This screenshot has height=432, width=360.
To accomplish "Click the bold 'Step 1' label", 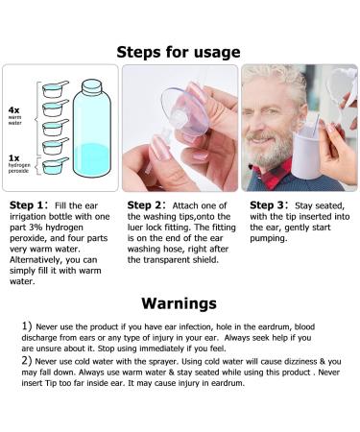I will coord(30,205).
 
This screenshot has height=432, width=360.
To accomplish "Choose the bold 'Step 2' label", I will coord(148,205).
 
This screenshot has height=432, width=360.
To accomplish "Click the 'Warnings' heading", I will coord(179,303).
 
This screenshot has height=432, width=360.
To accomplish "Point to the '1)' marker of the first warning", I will coord(26,327).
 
